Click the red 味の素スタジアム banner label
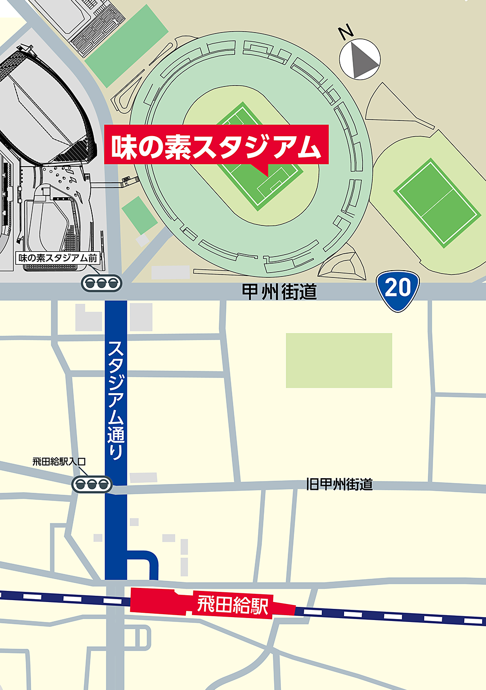click(216, 145)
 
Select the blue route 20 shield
click(398, 290)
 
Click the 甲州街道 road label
click(279, 292)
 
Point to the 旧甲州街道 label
click(339, 484)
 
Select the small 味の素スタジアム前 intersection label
click(58, 258)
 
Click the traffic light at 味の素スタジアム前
click(102, 283)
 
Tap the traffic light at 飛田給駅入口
click(92, 484)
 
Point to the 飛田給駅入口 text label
click(59, 462)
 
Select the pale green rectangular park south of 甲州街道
click(339, 360)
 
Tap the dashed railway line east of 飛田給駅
click(389, 616)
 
